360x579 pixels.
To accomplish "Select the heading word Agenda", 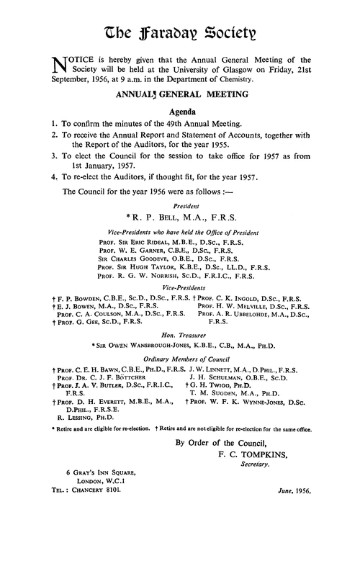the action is pyautogui.click(x=181, y=112).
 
